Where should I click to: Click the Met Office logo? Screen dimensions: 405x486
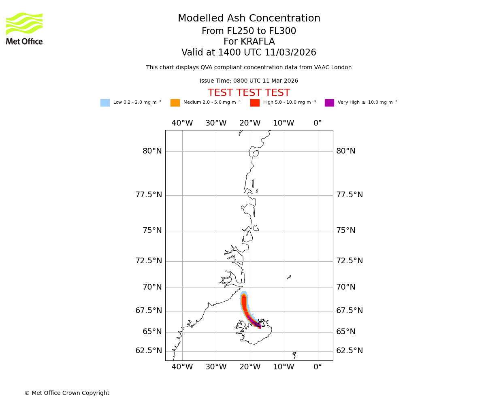click(x=24, y=28)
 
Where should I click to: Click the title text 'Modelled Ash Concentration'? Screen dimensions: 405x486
click(x=249, y=19)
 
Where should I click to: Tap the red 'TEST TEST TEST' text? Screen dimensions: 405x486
click(x=249, y=93)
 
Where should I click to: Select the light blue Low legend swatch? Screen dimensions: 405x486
click(x=105, y=103)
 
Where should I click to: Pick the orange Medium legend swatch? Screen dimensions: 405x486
click(x=175, y=103)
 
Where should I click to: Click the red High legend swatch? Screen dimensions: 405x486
click(x=255, y=103)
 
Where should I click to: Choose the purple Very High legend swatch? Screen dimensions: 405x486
click(x=329, y=103)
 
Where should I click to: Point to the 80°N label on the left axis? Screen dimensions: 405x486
click(x=152, y=151)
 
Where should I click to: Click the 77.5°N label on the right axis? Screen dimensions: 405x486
click(x=350, y=195)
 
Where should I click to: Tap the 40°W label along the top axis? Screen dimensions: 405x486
click(x=182, y=123)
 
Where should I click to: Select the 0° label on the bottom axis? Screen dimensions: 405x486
click(x=318, y=367)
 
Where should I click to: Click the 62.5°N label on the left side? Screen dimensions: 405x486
click(x=149, y=351)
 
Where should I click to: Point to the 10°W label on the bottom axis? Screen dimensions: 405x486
click(x=283, y=367)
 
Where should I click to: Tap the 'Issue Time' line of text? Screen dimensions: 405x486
click(x=249, y=81)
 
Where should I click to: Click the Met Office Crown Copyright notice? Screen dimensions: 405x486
click(x=67, y=393)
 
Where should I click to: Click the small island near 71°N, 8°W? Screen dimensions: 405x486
click(x=289, y=277)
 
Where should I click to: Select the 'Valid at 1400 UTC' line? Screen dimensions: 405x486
click(x=249, y=53)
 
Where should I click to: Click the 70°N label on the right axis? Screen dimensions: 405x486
click(x=345, y=287)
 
